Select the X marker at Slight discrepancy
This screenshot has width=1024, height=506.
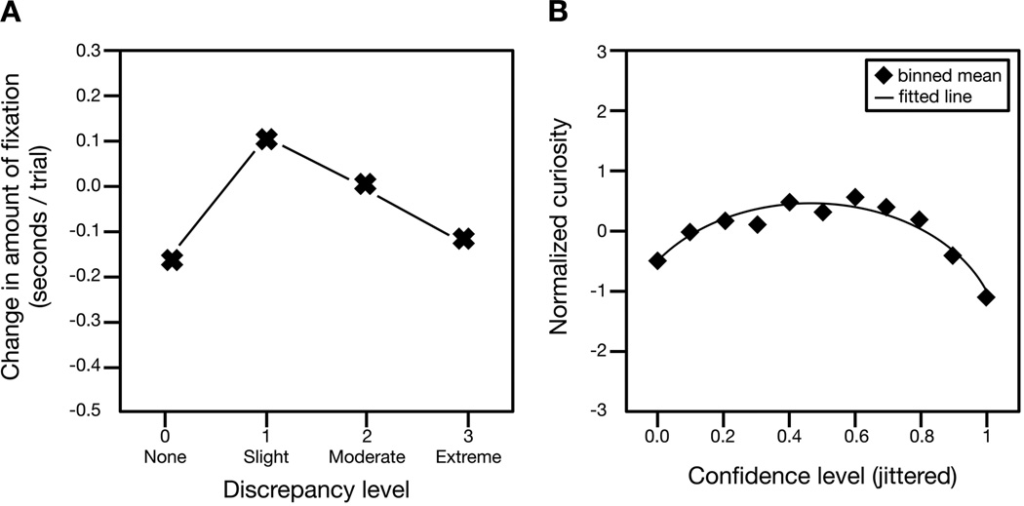(x=267, y=139)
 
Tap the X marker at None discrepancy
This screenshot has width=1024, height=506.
(x=172, y=259)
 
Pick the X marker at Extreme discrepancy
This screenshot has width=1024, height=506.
(x=463, y=238)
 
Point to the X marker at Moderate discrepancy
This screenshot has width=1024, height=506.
(x=365, y=183)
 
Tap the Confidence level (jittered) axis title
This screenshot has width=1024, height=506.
(x=822, y=479)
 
